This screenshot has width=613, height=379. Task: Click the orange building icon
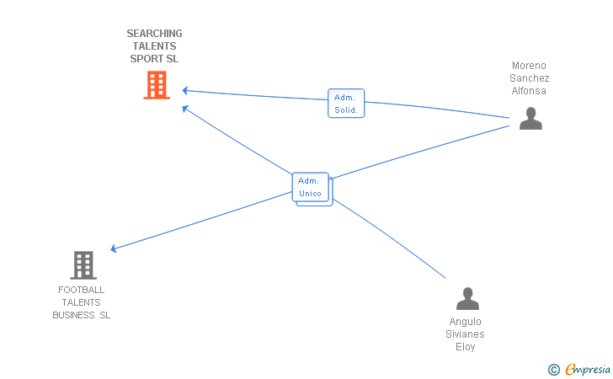157,85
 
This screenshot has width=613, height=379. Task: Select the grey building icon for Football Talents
83,265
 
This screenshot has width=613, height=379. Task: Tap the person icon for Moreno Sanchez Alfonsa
530,118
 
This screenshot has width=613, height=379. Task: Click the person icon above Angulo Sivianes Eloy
467,298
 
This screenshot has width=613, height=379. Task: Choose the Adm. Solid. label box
346,104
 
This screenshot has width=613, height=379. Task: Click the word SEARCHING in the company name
154,33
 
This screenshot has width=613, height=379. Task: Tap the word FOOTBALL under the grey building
82,290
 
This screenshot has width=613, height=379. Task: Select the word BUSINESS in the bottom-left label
73,315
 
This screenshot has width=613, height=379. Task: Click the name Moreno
529,66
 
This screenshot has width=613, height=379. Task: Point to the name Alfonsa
529,91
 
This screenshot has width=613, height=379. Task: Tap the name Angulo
465,322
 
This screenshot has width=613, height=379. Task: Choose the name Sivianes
465,334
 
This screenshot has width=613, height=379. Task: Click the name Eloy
465,347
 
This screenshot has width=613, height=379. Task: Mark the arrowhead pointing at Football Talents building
114,248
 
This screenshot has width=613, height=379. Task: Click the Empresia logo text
588,369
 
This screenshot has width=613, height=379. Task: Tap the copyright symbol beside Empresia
554,370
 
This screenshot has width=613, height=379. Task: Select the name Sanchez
530,78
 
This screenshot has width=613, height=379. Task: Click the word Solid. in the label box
346,110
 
